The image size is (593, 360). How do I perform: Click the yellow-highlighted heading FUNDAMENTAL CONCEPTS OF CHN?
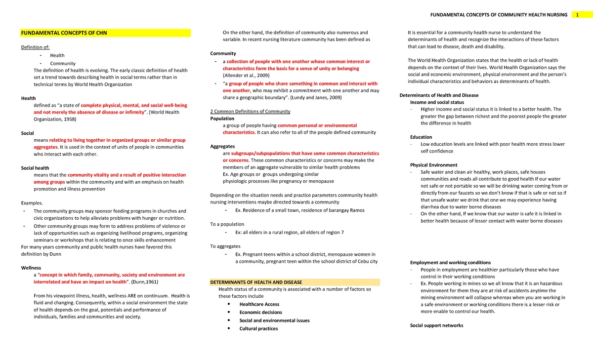click(63, 34)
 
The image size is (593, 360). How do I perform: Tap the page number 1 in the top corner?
click(577, 15)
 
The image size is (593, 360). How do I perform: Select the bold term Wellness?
click(31, 267)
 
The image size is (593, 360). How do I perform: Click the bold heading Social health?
click(35, 168)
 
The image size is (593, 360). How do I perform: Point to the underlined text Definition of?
click(36, 47)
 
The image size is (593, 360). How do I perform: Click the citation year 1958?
click(68, 119)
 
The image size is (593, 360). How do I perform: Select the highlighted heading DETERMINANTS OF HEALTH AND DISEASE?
click(256, 282)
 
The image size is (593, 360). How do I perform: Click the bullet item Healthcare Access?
click(259, 304)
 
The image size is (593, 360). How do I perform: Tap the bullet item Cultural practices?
click(258, 328)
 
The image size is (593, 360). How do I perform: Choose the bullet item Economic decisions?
click(260, 312)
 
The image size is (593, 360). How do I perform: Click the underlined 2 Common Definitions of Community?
click(250, 111)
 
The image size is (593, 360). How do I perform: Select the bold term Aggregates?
click(222, 147)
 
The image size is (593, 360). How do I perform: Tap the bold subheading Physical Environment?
click(434, 165)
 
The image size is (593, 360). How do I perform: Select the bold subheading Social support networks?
click(437, 325)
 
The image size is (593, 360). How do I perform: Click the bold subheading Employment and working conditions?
click(450, 263)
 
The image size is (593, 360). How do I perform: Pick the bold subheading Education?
click(421, 137)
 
